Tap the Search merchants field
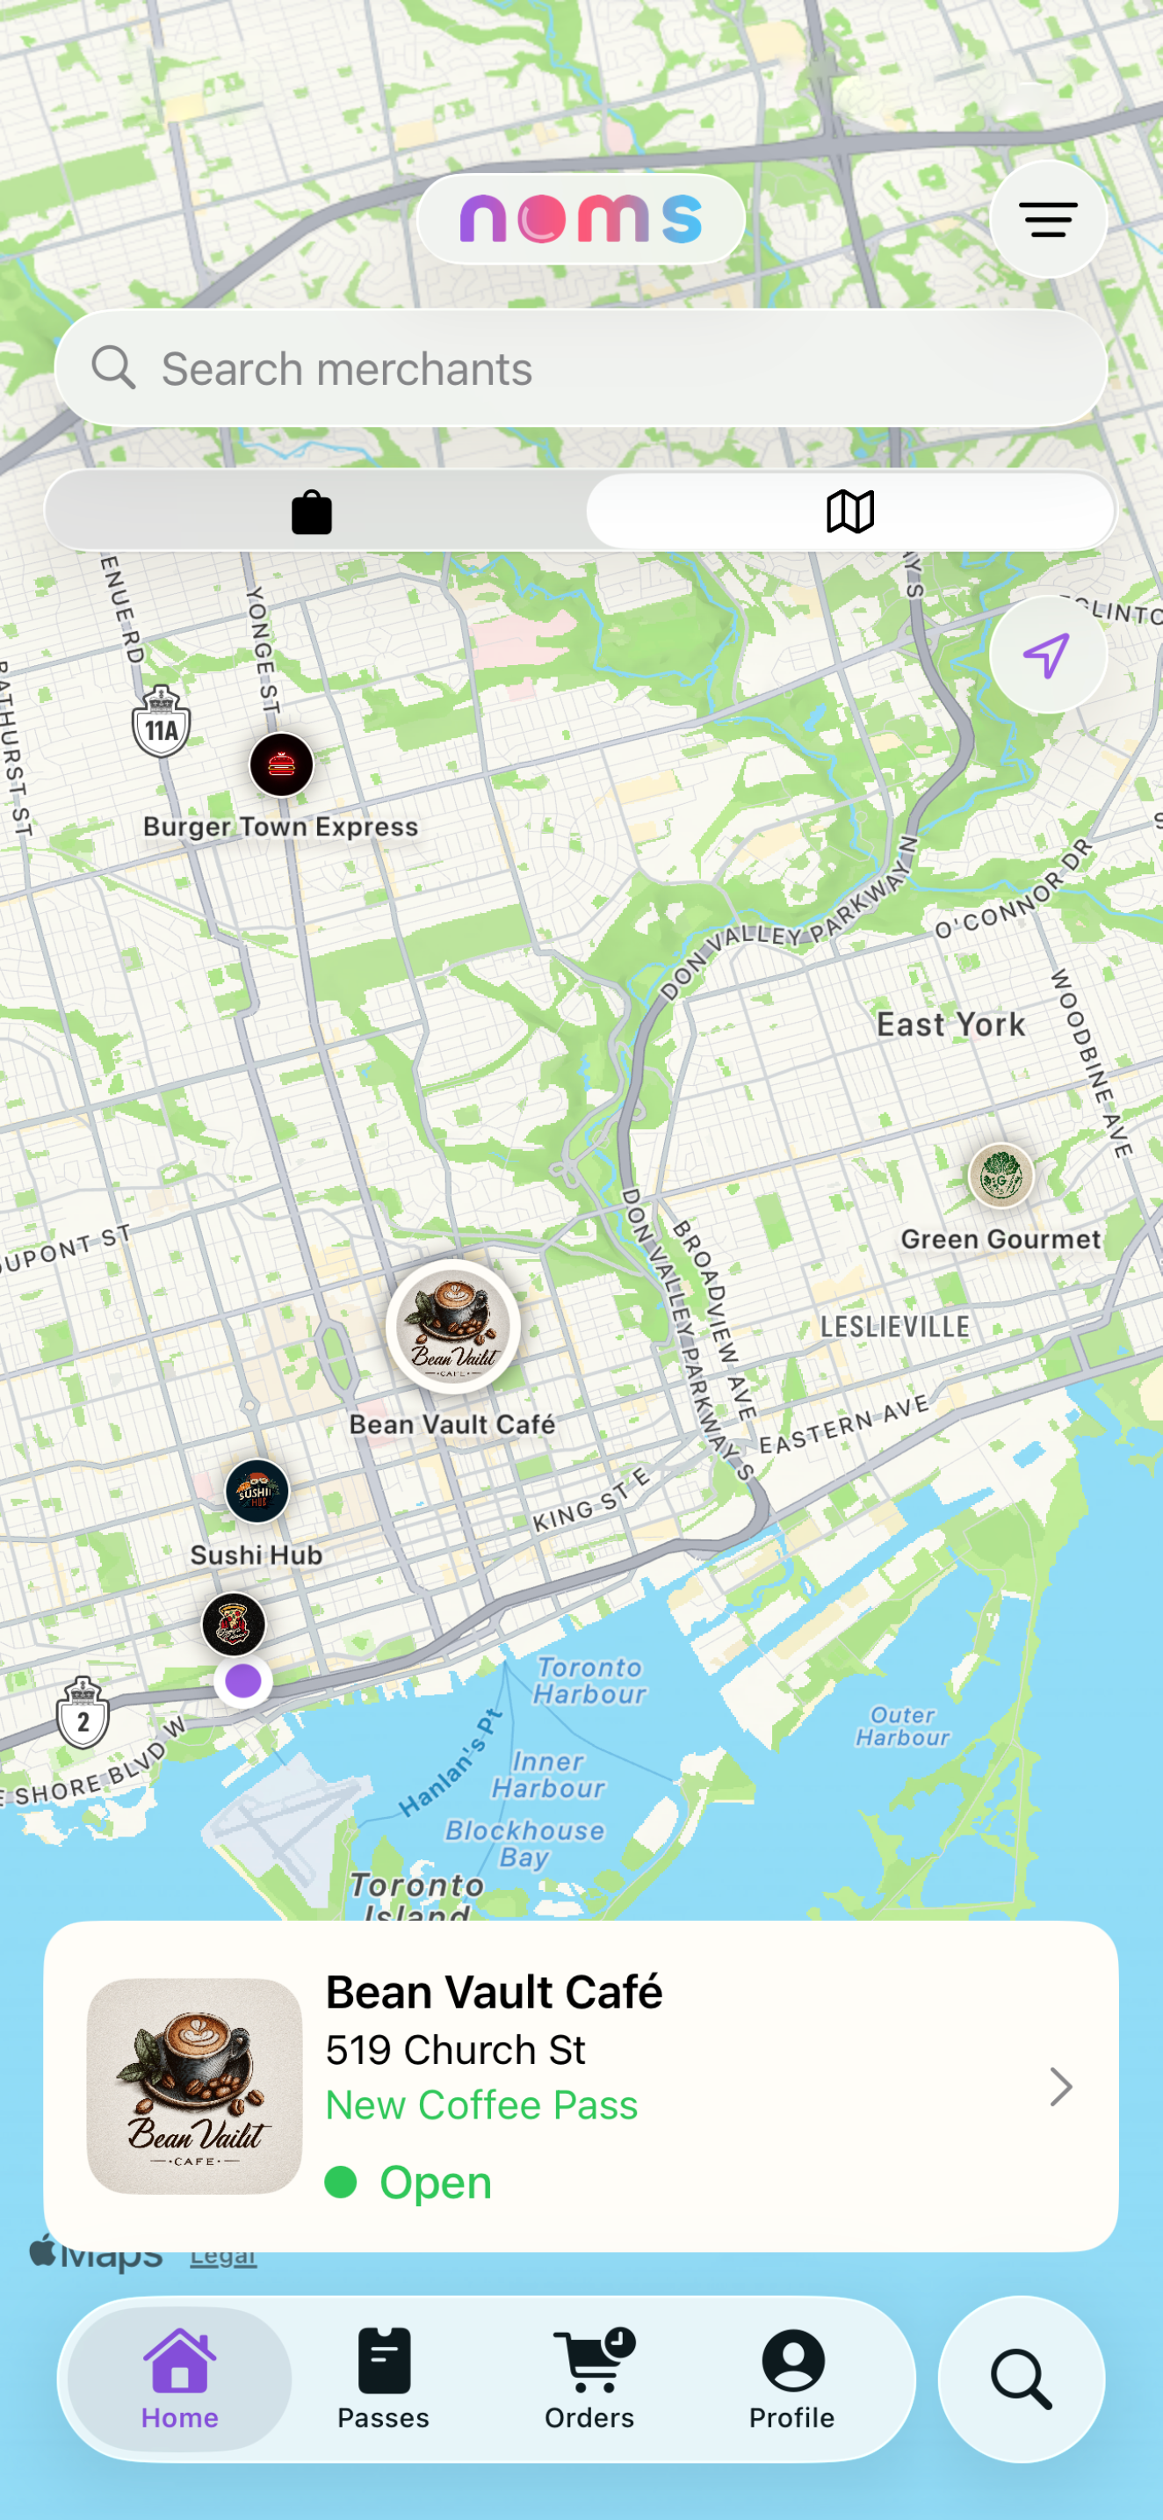(581, 369)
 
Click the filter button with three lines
(1048, 219)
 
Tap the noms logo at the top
(581, 219)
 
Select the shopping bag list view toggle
(312, 511)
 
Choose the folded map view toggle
(850, 511)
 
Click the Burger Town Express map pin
(282, 765)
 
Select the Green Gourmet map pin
(1000, 1176)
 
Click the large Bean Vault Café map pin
(453, 1328)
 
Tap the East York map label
(950, 1025)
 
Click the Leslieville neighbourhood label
(895, 1328)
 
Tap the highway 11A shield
(162, 724)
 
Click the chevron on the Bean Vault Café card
(1060, 2087)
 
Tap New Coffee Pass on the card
(481, 2105)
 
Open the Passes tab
(384, 2379)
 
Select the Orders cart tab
(589, 2379)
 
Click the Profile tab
(792, 2379)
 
